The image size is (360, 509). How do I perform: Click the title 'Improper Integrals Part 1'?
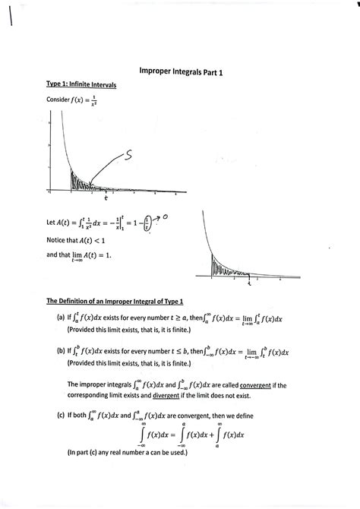click(x=181, y=71)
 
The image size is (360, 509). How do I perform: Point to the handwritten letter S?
click(x=128, y=156)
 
